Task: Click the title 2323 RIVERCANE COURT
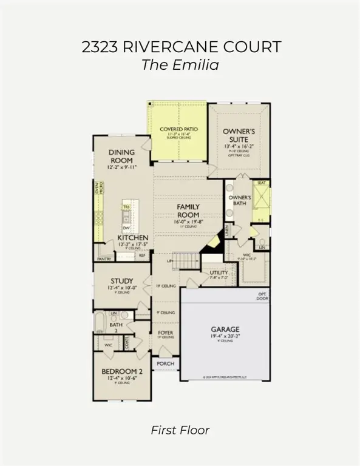click(180, 47)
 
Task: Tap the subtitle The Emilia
click(180, 65)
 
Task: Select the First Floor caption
click(180, 430)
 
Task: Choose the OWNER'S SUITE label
click(239, 135)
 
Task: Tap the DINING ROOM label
click(121, 157)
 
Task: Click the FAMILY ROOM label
click(188, 211)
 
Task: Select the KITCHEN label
click(132, 238)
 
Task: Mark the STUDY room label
click(122, 281)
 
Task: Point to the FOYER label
click(166, 333)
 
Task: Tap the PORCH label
click(166, 364)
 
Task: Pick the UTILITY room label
click(219, 273)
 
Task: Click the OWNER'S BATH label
click(239, 201)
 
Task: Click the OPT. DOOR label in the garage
click(262, 296)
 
